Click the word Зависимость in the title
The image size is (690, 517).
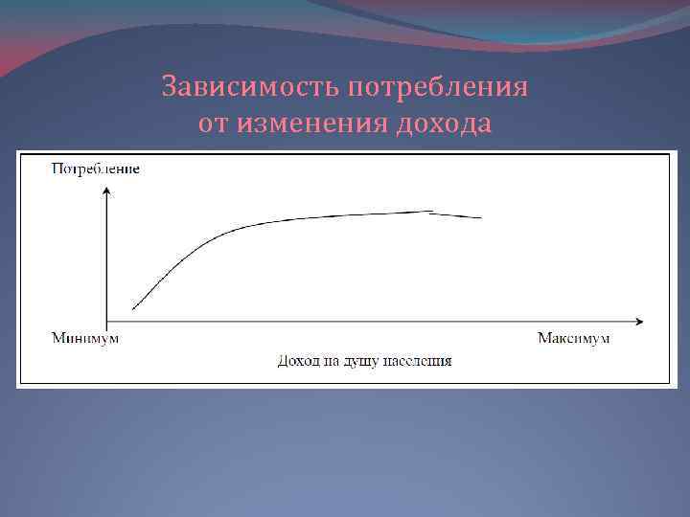pos(250,88)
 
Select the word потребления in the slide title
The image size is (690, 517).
pos(438,88)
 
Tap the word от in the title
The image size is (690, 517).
pos(215,124)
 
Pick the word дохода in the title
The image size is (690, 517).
pos(442,124)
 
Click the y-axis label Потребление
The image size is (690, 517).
pos(95,169)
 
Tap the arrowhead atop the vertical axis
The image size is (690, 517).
pos(107,191)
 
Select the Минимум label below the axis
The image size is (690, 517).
pos(85,339)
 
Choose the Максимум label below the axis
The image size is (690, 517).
pos(574,339)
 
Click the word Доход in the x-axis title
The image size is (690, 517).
pos(297,362)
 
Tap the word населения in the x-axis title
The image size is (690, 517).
pos(418,362)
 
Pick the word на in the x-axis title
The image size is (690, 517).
pos(331,362)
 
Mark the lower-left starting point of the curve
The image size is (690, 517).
pos(133,308)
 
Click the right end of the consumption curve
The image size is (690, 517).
pos(481,218)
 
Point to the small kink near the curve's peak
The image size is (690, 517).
pos(430,213)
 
